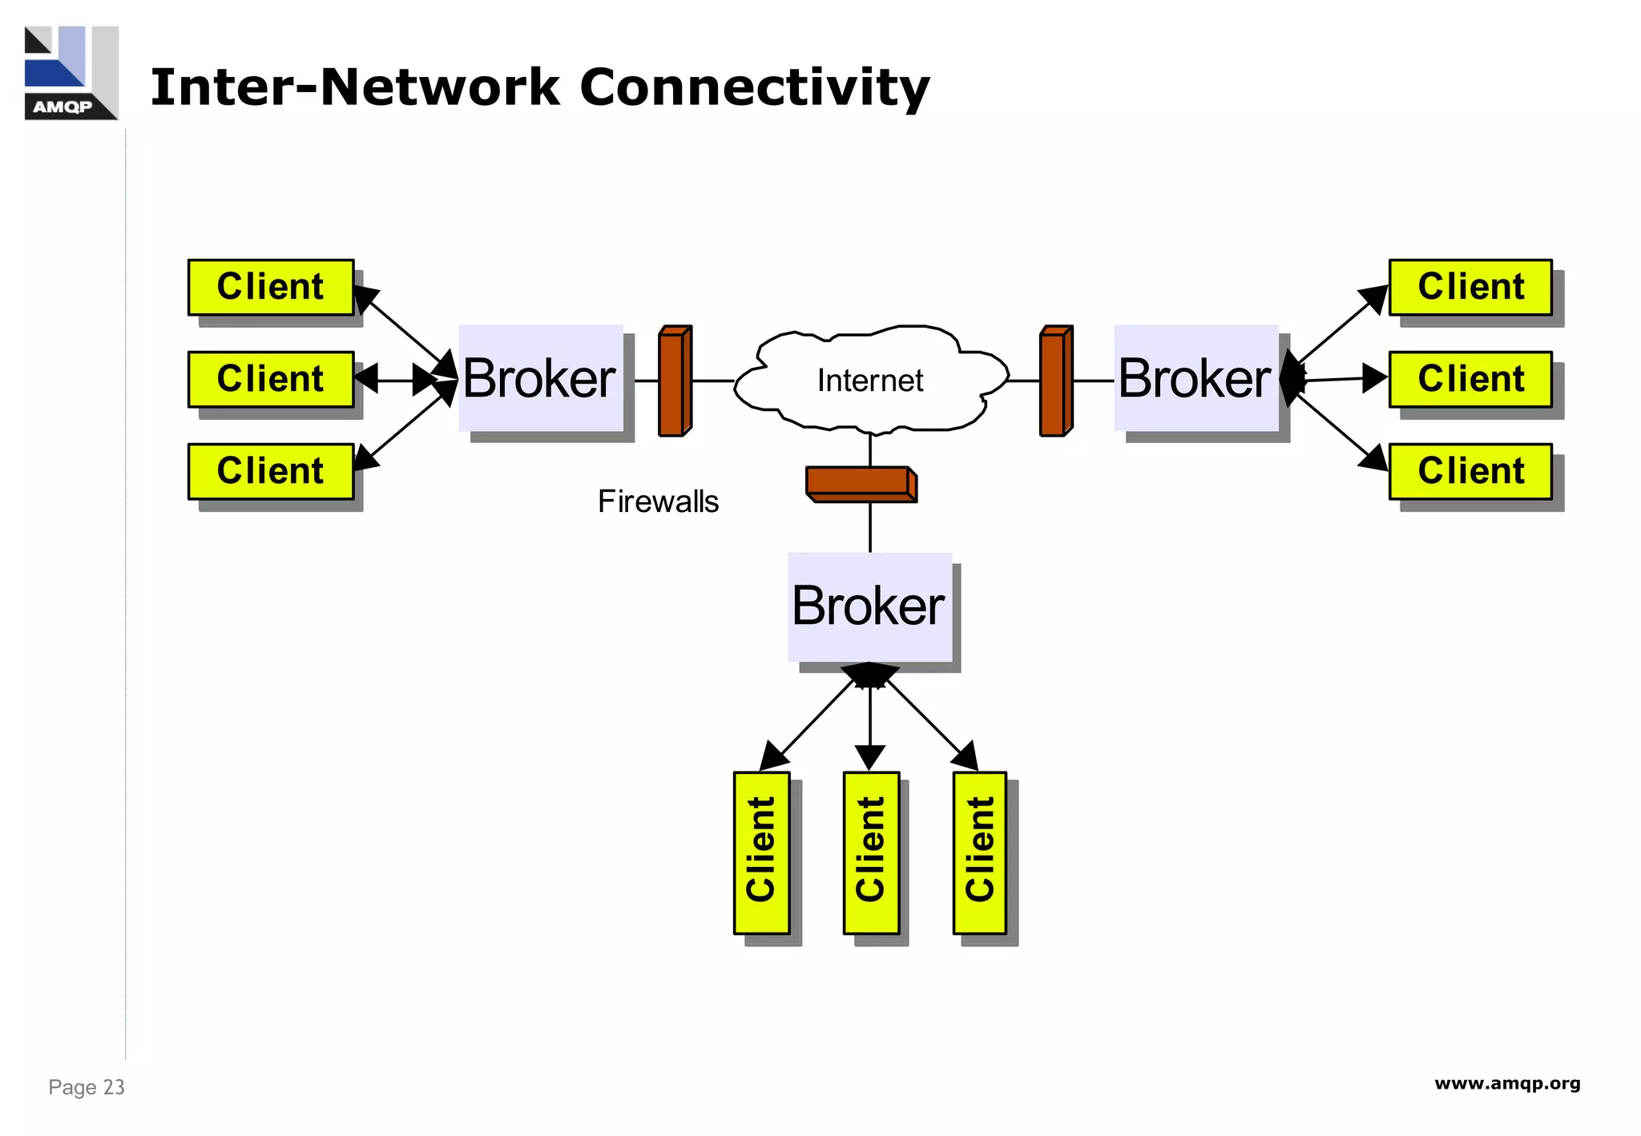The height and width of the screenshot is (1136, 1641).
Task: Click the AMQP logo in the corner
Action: (x=71, y=73)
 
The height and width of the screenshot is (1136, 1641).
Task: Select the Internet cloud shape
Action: (x=870, y=381)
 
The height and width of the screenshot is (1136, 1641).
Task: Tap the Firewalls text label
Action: (x=658, y=502)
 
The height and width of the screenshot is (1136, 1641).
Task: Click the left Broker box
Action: (x=541, y=378)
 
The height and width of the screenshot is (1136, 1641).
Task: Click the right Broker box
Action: (x=1195, y=378)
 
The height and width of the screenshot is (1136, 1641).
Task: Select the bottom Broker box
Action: (x=869, y=606)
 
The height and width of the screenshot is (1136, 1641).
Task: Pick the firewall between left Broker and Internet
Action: (x=674, y=381)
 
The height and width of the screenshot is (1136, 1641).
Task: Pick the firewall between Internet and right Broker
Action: (x=1055, y=381)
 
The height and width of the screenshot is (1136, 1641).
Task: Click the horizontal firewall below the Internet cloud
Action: (x=861, y=484)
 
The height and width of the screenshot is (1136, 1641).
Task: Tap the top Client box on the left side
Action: (x=271, y=287)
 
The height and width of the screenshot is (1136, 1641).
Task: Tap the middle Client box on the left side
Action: (x=271, y=379)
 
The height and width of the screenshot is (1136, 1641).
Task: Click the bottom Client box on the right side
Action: (x=1470, y=471)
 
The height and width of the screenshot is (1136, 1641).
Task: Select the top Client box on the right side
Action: (x=1470, y=287)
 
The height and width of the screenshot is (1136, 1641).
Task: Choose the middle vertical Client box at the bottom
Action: (x=871, y=852)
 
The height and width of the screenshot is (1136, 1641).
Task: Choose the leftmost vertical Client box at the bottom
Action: (x=761, y=852)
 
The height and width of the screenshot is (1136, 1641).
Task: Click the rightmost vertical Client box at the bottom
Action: (x=980, y=852)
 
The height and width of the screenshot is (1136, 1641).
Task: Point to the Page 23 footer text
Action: (x=87, y=1087)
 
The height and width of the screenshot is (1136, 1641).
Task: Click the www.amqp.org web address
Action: (x=1506, y=1084)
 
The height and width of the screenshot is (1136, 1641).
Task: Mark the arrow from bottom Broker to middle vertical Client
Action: (x=870, y=717)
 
